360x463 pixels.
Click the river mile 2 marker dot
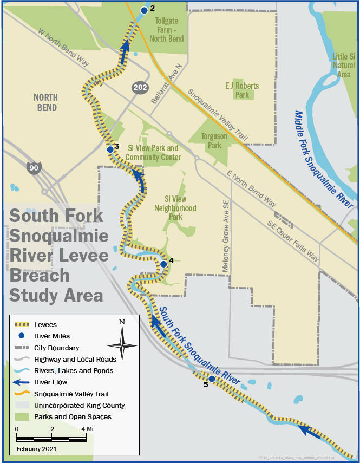[x=144, y=10]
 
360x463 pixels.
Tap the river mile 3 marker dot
[x=110, y=149]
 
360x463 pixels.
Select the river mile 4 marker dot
[x=163, y=264]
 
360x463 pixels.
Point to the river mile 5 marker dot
[x=212, y=379]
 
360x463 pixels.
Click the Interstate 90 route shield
[x=34, y=168]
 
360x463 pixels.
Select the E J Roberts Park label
[x=242, y=90]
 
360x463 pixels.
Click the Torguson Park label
[x=214, y=141]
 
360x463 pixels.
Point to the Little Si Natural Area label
[x=344, y=65]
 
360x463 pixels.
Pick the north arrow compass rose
[x=122, y=344]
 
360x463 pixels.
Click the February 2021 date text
[x=37, y=449]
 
